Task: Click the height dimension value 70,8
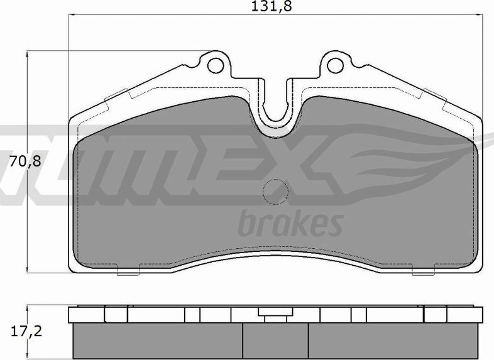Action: (x=25, y=161)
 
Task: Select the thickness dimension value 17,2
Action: (x=25, y=331)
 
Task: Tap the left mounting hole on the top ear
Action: (x=216, y=64)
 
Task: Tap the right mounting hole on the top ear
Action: (x=333, y=64)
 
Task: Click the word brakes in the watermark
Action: (x=290, y=223)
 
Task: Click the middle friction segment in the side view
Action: (x=275, y=341)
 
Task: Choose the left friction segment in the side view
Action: (x=157, y=341)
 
